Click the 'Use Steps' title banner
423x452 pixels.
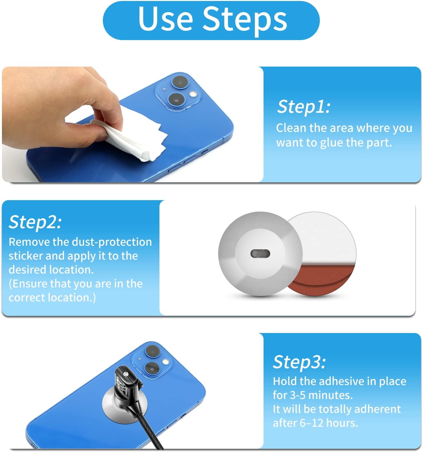coord(211,20)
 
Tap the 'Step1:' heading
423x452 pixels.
coord(304,107)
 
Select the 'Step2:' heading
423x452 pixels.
coord(35,222)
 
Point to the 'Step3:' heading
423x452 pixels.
coord(299,362)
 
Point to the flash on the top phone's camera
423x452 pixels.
coord(193,94)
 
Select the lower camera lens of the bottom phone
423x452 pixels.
coord(151,368)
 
